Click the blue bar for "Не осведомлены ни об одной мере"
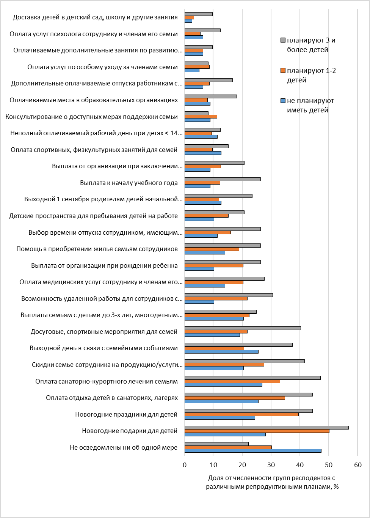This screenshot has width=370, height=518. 253,451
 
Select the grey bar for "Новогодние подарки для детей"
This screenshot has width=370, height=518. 267,428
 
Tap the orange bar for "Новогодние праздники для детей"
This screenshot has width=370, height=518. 241,414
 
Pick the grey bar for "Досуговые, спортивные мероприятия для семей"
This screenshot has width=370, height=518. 243,328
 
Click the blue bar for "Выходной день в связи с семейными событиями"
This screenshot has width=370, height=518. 221,351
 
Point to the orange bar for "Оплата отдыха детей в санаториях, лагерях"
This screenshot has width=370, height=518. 235,398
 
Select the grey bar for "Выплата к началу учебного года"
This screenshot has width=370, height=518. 223,179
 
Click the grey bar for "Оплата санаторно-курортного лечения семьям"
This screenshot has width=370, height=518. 252,378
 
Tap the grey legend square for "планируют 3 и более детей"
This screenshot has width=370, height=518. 282,40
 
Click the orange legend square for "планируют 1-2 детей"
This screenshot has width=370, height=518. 282,70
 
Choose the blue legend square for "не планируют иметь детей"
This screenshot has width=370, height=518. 282,101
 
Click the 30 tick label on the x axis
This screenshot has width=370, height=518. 271,465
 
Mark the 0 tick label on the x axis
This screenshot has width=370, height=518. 185,465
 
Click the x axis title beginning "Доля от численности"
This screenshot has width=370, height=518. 272,482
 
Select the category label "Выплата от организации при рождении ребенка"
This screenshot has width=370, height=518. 104,265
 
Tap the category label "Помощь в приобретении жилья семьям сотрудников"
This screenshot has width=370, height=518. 97,249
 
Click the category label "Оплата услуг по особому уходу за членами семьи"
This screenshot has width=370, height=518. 102,67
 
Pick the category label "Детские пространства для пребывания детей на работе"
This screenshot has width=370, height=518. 93,216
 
